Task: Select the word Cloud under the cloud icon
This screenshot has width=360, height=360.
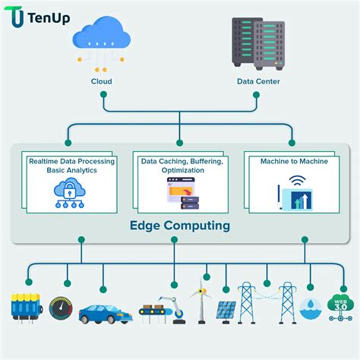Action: [101, 81]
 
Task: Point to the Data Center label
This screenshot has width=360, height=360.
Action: [257, 81]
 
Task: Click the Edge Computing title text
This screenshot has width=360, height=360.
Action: [179, 226]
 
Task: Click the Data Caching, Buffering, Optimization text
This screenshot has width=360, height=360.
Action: [179, 166]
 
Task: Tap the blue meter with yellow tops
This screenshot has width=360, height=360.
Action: [24, 308]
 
